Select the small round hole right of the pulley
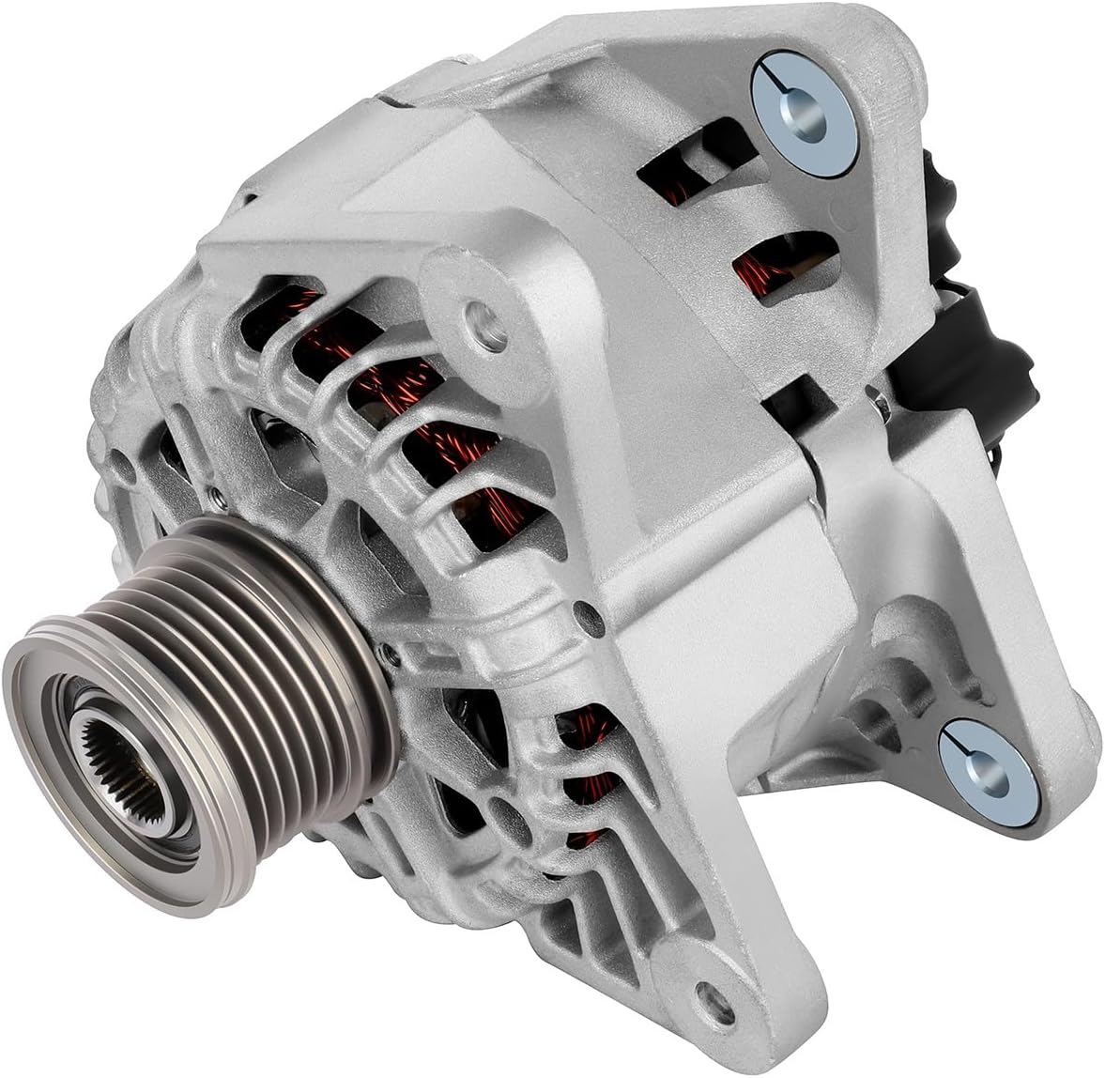(x=588, y=617)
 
